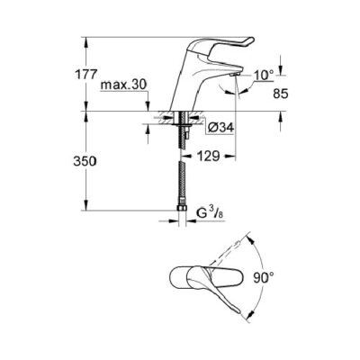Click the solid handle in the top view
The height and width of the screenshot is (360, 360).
[216, 274]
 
